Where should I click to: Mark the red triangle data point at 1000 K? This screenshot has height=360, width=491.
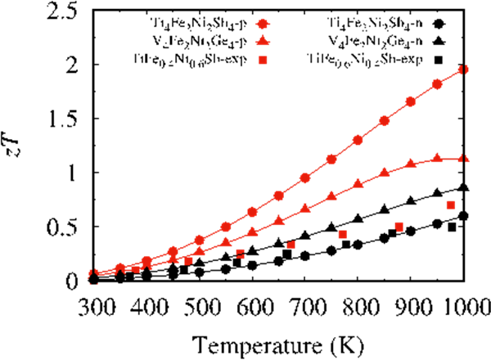coord(463,159)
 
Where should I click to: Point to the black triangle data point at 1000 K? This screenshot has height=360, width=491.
coord(463,187)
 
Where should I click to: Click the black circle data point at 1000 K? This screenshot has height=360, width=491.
coord(463,216)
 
